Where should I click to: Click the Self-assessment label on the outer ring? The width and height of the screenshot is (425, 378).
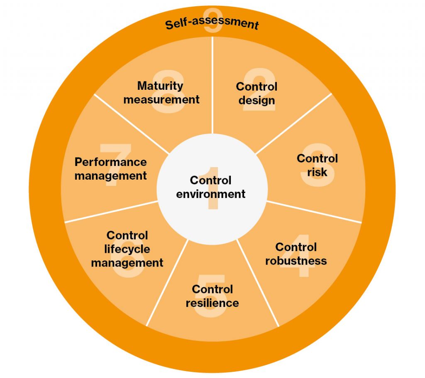(212, 23)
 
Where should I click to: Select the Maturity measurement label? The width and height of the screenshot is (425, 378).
(161, 93)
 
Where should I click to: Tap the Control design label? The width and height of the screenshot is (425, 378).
(256, 94)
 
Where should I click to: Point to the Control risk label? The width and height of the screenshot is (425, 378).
(317, 165)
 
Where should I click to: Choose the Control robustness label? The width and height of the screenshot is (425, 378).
(296, 254)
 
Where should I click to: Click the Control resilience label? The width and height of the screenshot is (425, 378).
(212, 296)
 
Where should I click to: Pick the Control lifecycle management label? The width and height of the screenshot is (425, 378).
(127, 249)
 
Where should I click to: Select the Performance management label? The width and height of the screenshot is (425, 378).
(110, 169)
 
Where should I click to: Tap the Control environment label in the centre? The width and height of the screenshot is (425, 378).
(210, 187)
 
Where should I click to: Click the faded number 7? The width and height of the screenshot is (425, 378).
(115, 165)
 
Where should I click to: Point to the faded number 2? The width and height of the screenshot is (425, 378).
(259, 89)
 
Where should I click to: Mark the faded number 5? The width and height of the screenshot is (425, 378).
(211, 296)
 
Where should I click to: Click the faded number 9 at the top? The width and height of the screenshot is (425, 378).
(213, 20)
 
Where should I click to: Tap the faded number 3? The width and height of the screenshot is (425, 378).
(318, 165)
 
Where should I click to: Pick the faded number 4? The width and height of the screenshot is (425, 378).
(297, 256)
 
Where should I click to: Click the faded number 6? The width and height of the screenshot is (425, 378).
(127, 257)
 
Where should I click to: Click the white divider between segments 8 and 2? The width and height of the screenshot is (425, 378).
(212, 85)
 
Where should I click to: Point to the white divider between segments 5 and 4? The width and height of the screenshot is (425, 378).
(257, 283)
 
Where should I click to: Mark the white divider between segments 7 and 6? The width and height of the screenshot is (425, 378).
(111, 212)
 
